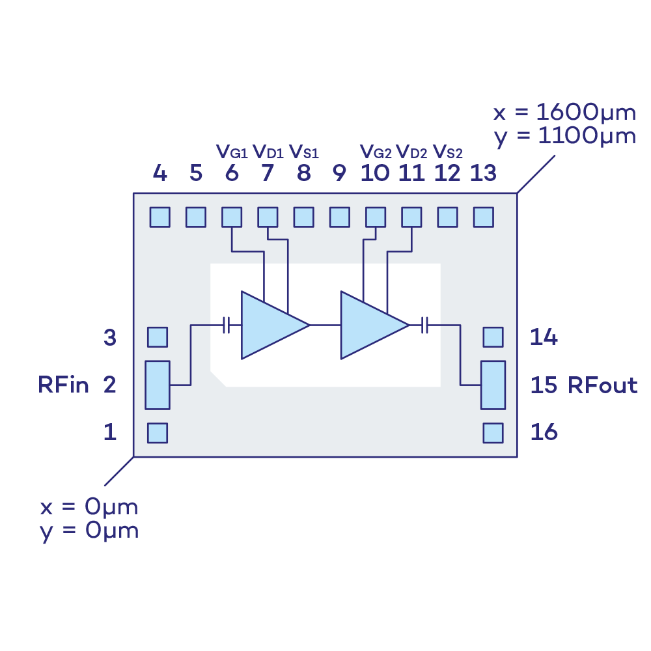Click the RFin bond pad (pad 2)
click(x=158, y=385)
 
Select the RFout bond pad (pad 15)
click(x=493, y=385)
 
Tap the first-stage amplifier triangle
click(x=270, y=324)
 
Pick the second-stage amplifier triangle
click(x=370, y=324)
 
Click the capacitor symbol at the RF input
click(x=227, y=324)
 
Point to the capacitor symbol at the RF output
click(x=424, y=324)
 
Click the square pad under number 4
click(x=160, y=217)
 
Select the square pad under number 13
click(x=483, y=217)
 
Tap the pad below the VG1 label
click(x=232, y=217)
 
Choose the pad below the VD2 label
click(x=411, y=217)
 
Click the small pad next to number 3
click(x=158, y=337)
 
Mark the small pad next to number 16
click(x=493, y=432)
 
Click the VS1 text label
click(x=303, y=152)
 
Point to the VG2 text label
click(x=376, y=153)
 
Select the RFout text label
click(x=602, y=385)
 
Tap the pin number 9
click(x=339, y=173)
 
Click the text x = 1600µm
click(x=564, y=113)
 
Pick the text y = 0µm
click(x=89, y=531)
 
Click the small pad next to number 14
click(x=493, y=337)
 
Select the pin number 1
click(x=110, y=432)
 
